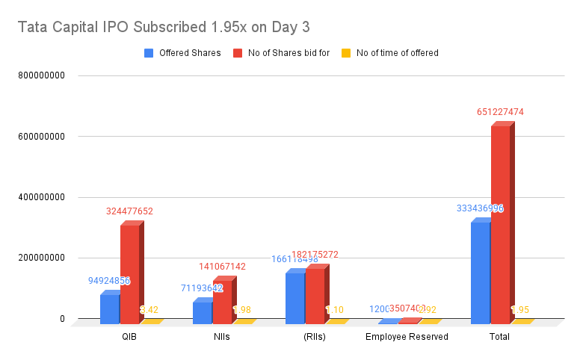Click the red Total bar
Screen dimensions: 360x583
point(501,224)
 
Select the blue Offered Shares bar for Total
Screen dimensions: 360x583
point(481,273)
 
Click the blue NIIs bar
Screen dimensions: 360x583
point(202,312)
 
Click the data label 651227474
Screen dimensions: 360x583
point(500,112)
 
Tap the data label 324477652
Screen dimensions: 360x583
point(129,211)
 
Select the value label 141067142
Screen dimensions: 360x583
point(222,267)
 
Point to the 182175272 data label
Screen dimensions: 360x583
point(315,255)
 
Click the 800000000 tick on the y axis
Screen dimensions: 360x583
point(41,75)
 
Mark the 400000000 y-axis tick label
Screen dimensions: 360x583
point(41,197)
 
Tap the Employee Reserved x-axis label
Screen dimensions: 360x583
point(407,336)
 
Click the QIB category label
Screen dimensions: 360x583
point(129,336)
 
